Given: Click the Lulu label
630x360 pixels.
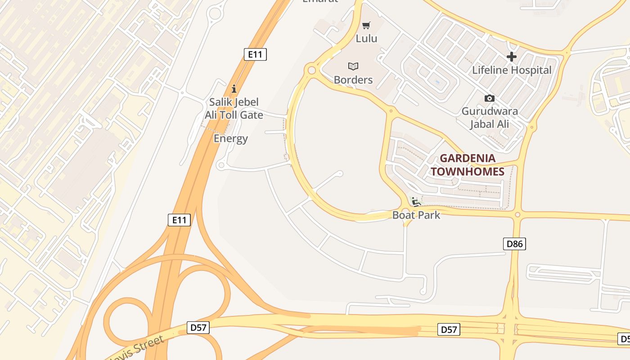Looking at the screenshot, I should point(366,38).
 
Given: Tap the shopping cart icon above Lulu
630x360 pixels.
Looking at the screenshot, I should point(366,25).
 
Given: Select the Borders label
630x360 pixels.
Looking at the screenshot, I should point(353,80).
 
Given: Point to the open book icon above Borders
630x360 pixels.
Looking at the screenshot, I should point(353,67).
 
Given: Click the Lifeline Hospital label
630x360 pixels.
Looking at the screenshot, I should point(512,70).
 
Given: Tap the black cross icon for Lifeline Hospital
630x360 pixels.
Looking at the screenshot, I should point(512,57).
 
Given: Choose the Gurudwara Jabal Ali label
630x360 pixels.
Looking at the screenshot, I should point(490,117).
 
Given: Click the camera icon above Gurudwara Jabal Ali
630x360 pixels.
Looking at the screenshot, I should point(490,98).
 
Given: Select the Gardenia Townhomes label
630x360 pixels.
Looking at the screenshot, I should point(468,165).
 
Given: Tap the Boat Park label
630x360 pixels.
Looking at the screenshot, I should point(416,215).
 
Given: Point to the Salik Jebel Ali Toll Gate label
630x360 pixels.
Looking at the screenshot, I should point(234,108).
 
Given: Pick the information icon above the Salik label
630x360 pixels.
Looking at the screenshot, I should point(234,89).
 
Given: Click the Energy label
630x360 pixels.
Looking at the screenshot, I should point(231,139).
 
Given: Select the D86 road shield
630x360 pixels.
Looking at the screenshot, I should point(515,244).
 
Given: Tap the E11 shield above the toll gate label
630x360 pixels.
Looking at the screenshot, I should point(255,54).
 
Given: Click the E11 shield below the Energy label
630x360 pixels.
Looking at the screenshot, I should point(179,220).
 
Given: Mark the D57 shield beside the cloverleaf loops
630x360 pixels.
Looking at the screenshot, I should point(198,328).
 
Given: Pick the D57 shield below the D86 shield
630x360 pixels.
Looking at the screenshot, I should point(449,330).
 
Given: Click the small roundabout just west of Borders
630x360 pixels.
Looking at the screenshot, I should point(311,70).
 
